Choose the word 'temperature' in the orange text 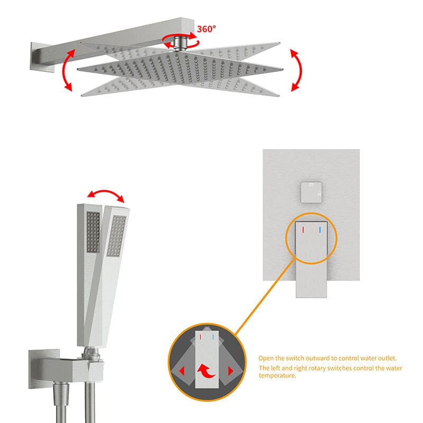pyautogui.click(x=278, y=375)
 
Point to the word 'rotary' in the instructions pyautogui.click(x=315, y=368)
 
